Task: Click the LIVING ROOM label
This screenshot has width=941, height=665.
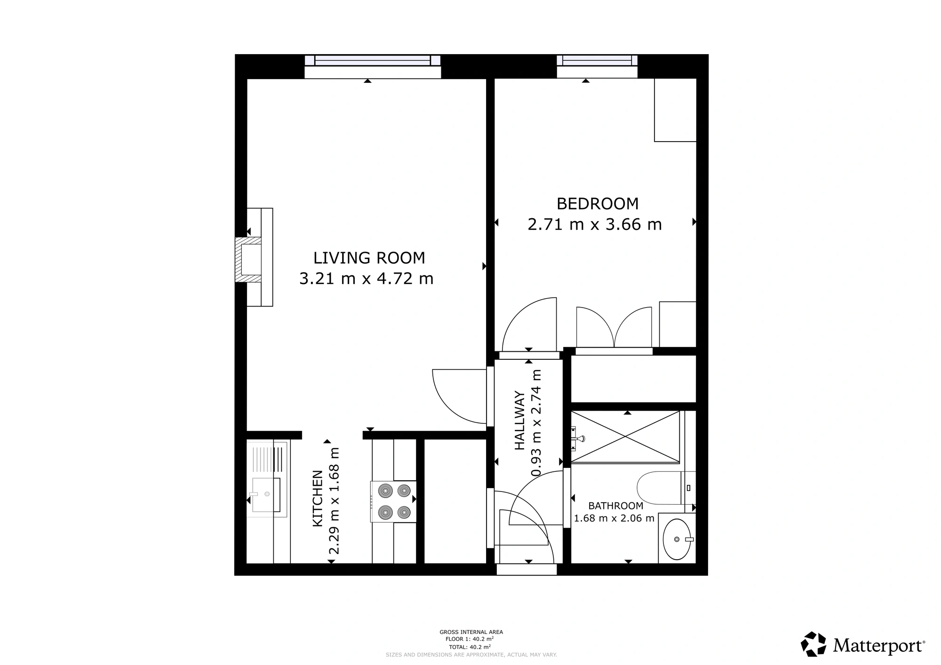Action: (x=369, y=258)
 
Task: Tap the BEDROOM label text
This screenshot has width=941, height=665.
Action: (x=598, y=204)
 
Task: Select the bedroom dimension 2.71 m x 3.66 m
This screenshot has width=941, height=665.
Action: (x=595, y=224)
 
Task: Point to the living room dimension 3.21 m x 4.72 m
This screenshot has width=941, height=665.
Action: (x=366, y=278)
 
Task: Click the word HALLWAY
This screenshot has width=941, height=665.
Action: (x=519, y=420)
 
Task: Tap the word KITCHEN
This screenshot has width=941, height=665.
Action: (x=318, y=499)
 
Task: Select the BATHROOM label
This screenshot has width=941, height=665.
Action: (x=615, y=506)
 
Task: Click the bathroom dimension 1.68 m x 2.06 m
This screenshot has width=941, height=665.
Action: (x=614, y=518)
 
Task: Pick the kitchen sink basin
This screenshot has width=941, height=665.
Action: (x=266, y=495)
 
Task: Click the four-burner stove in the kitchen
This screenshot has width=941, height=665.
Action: (x=393, y=501)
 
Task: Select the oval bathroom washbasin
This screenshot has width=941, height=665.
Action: (x=677, y=539)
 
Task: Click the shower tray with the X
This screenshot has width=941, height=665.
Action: (x=625, y=437)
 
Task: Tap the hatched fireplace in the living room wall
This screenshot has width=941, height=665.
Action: (x=248, y=260)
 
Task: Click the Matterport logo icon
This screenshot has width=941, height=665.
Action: (x=813, y=644)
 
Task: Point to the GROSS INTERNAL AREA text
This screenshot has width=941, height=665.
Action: (x=471, y=632)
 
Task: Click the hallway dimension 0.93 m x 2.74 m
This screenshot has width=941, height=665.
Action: (x=536, y=423)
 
